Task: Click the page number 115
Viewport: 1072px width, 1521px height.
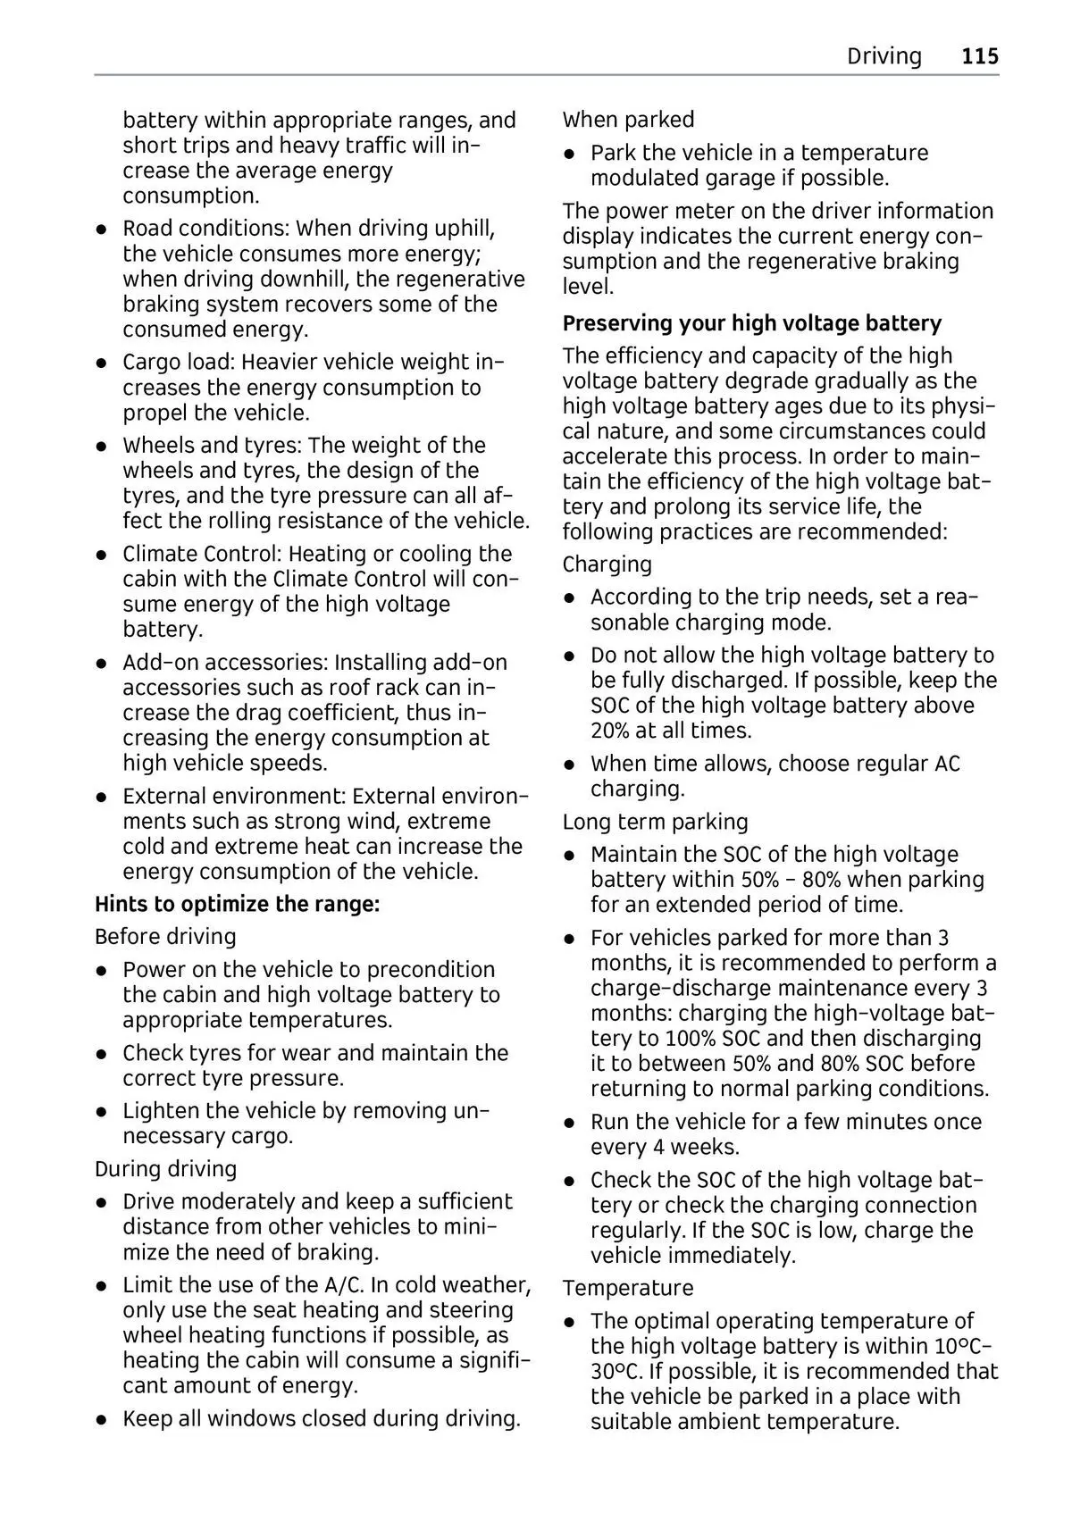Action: pos(980,56)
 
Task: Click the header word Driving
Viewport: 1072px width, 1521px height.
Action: pos(884,56)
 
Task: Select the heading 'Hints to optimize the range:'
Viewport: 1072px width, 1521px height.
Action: pos(238,904)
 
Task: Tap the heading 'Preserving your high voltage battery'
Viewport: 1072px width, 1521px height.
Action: pos(751,322)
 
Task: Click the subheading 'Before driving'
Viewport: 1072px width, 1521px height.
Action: pos(165,937)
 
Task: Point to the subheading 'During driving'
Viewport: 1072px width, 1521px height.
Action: pos(165,1169)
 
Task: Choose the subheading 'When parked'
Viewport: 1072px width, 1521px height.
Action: pos(628,120)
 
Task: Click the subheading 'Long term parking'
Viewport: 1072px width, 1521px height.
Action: pos(655,822)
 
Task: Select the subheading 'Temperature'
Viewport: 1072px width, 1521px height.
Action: pos(627,1288)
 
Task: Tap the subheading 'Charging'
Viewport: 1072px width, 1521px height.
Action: pos(607,564)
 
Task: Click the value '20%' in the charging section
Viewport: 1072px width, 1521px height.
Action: pos(611,731)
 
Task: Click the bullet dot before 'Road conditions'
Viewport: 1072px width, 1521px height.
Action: pos(104,230)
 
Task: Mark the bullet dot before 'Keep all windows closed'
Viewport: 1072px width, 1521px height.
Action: pos(104,1420)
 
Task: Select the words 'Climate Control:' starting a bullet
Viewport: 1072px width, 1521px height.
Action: pos(202,554)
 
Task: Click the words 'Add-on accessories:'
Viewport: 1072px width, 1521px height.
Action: pos(226,663)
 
